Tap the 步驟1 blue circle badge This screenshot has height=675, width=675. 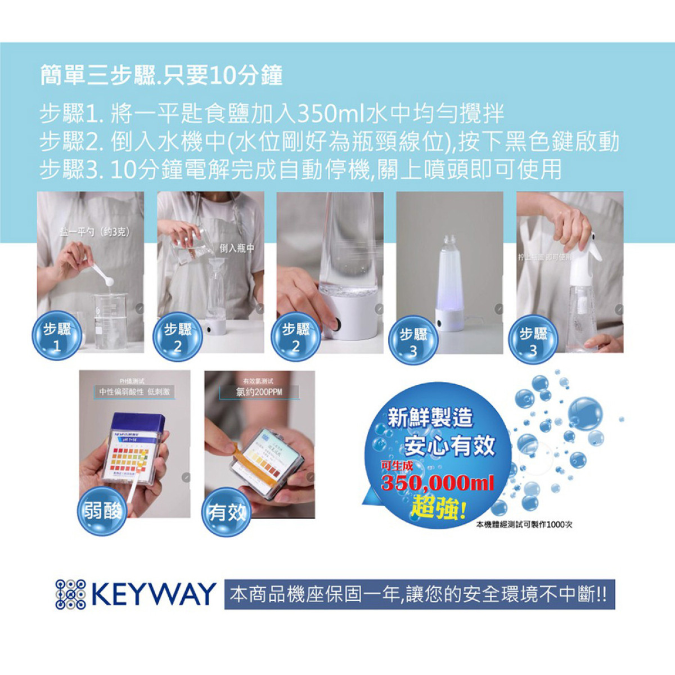point(57,336)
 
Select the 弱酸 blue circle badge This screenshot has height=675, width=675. point(102,511)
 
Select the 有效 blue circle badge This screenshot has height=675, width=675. point(226,512)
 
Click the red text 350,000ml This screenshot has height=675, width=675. point(438,483)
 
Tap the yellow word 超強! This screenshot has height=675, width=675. point(438,508)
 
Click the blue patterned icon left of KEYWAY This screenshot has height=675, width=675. point(71,595)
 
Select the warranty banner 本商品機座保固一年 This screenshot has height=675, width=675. point(419,595)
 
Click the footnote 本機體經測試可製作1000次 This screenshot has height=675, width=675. point(524,524)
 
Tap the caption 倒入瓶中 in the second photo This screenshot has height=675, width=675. point(237,248)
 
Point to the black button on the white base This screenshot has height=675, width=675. point(335,325)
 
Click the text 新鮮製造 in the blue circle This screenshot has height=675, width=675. point(430,417)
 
